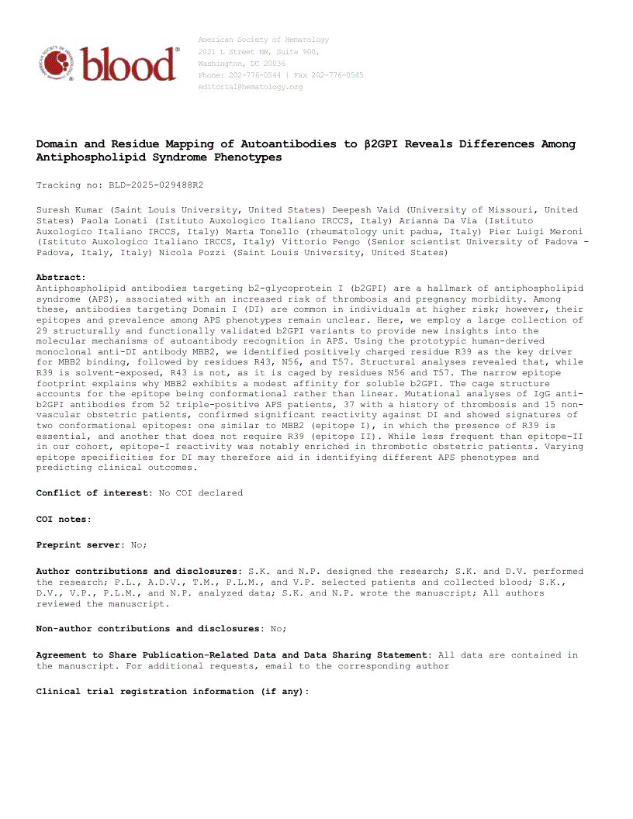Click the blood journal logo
pos(108,63)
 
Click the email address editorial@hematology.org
pos(251,87)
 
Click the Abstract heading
pos(61,277)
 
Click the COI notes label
pos(64,519)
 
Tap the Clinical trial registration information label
pos(172,691)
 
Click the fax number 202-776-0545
pos(335,75)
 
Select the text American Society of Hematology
pos(264,40)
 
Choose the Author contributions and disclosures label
pos(138,571)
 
